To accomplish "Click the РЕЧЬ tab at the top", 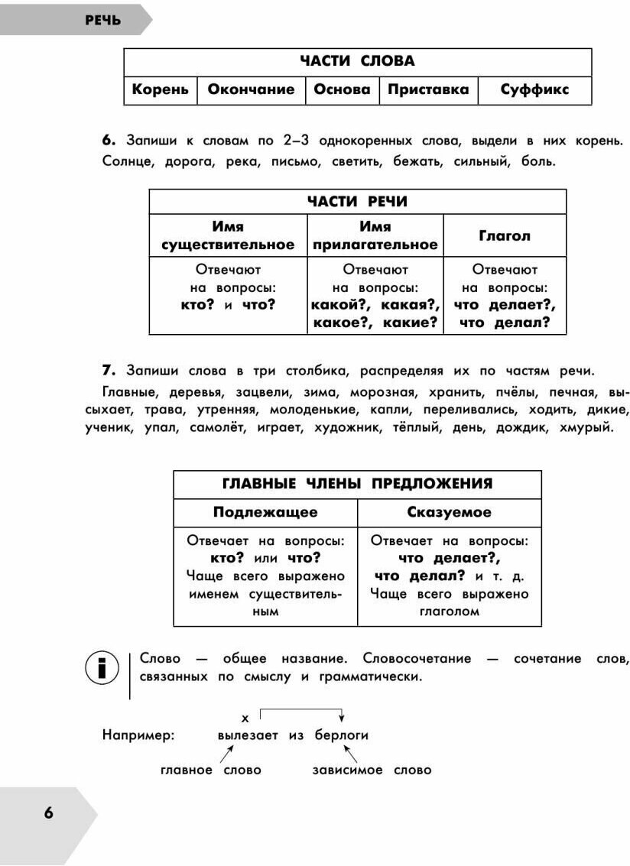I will click(x=102, y=21).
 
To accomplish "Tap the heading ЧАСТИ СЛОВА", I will click(x=357, y=61).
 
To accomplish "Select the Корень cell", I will click(x=160, y=89).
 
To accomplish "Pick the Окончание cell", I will click(x=251, y=89).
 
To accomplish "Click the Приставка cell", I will click(x=428, y=89).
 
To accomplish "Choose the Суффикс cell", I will click(x=534, y=89).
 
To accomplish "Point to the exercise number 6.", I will click(x=108, y=141).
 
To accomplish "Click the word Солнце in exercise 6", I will click(x=126, y=161).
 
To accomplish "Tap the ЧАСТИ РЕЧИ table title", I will click(x=357, y=202).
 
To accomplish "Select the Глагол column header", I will click(x=504, y=236).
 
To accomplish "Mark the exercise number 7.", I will click(x=108, y=371).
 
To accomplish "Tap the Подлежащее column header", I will click(x=265, y=512).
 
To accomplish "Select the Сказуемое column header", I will click(x=449, y=512).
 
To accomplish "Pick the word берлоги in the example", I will click(x=342, y=735).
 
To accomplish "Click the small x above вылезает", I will click(x=245, y=718).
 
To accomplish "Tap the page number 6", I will click(x=48, y=813).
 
